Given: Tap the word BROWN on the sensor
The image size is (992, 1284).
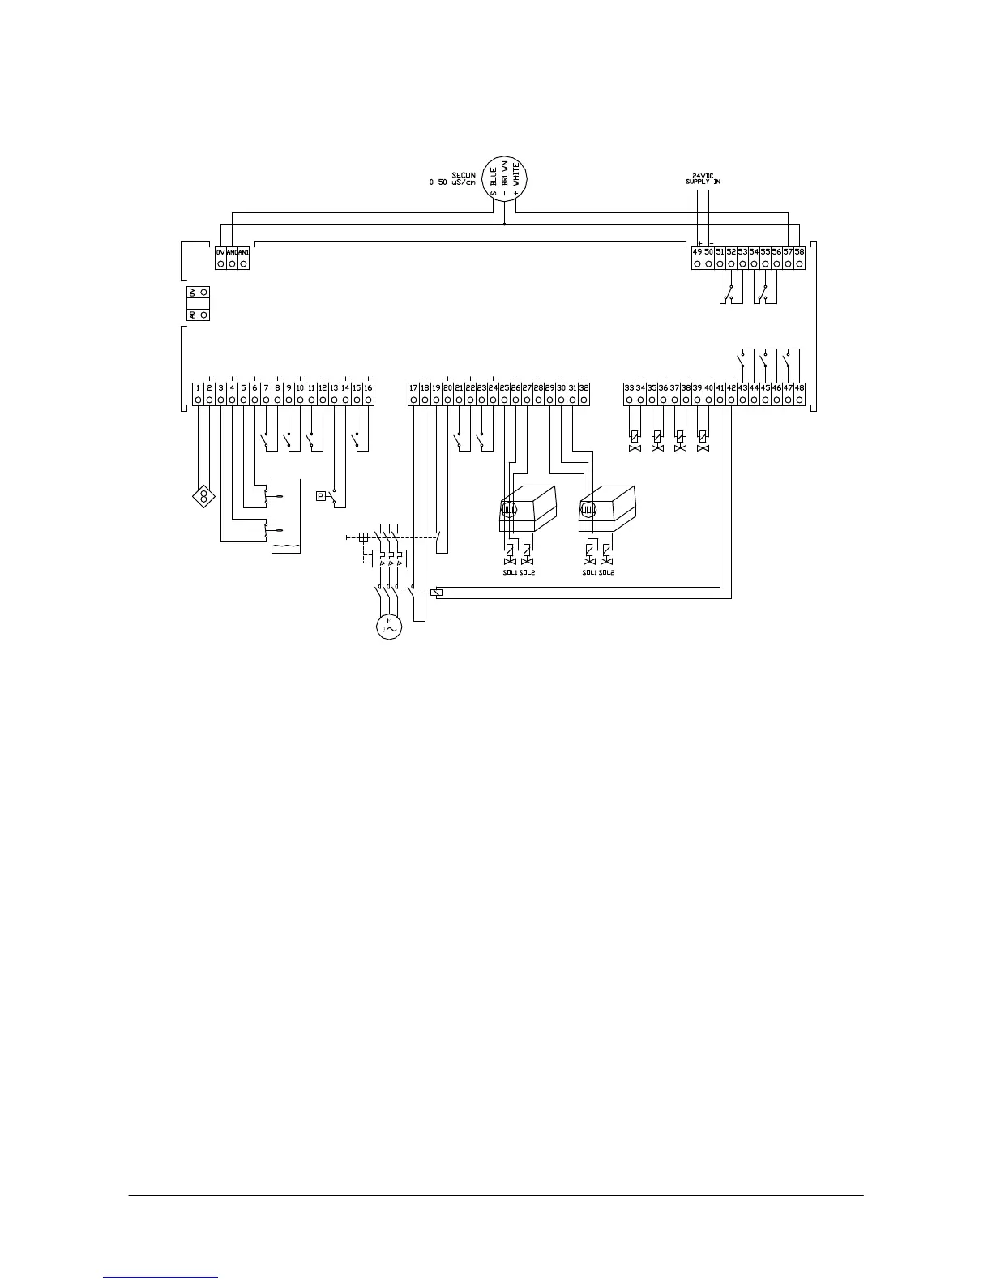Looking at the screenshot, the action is coord(504,177).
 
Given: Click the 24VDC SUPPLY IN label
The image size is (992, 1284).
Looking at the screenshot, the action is coord(701,178).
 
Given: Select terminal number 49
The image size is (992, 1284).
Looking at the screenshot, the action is coord(697,252).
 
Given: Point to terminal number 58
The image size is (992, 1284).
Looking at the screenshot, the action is coord(800,252).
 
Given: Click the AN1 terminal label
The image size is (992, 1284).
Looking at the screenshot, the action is coord(244,252).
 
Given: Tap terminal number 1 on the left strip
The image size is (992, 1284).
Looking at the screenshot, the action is coord(198,388).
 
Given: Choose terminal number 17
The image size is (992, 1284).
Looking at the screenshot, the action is coord(413,388).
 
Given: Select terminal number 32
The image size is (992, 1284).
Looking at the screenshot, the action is coord(584,388).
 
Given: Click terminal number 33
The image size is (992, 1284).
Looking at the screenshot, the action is coord(629,388).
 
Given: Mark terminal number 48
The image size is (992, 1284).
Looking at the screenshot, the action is coord(800,388).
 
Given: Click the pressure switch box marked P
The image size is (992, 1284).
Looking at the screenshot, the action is coord(321,496).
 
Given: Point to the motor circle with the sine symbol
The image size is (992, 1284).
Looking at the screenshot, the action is coord(389,627).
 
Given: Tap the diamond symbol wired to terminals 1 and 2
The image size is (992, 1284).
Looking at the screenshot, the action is coord(204,496).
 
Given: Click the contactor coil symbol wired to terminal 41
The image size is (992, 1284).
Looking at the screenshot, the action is coord(438,593).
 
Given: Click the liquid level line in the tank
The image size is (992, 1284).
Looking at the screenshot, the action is coord(285,549).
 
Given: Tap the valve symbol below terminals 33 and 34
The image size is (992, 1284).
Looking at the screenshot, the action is coord(635,447).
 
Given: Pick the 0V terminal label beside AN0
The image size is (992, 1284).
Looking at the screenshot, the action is coord(220,252).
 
